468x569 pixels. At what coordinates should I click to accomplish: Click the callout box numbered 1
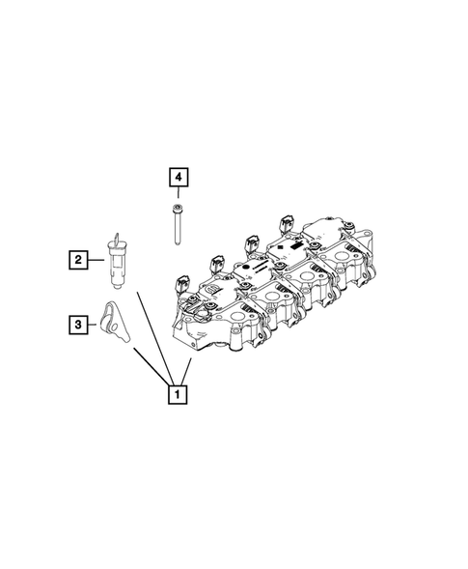point(177,394)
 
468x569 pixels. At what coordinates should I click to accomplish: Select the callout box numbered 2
point(74,258)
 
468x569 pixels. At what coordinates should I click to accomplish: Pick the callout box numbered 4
point(179,177)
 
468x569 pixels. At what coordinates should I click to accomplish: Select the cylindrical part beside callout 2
point(118,265)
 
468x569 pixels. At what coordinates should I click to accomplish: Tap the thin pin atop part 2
point(115,238)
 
